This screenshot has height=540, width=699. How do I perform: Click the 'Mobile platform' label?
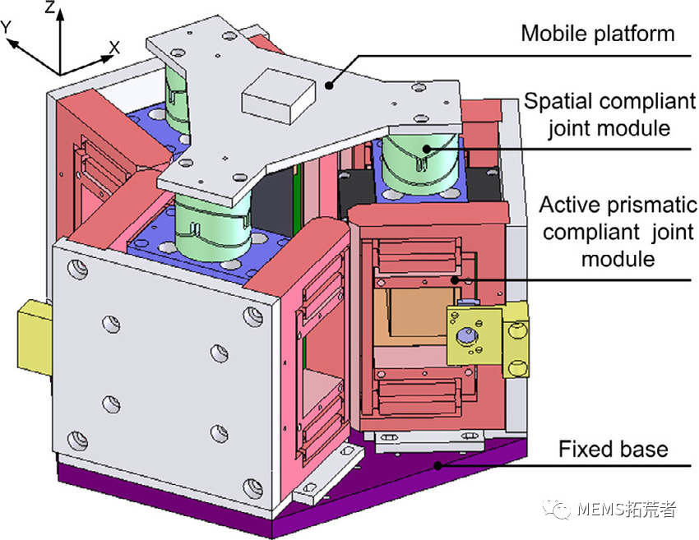598,33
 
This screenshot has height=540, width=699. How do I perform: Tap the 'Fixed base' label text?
613,449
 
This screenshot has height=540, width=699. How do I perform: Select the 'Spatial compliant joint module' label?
609,115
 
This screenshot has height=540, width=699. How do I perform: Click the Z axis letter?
50,10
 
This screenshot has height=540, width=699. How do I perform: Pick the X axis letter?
114,48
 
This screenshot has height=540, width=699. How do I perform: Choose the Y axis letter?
8,27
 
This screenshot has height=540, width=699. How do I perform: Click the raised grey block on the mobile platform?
275,93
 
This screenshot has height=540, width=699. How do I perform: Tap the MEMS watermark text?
626,510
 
